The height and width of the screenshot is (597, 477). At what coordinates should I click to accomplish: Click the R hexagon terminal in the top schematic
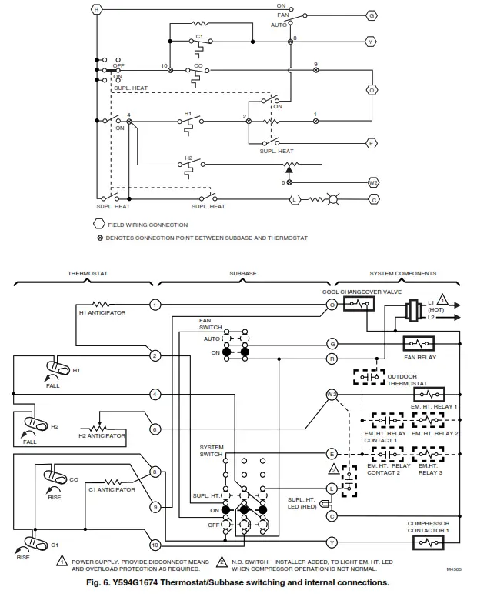[x=97, y=9]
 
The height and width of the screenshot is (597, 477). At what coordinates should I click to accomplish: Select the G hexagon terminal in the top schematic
[x=372, y=15]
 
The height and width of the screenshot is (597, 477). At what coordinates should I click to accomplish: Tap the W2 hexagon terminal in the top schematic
[x=372, y=182]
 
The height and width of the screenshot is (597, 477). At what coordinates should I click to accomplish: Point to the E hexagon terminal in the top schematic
[x=372, y=143]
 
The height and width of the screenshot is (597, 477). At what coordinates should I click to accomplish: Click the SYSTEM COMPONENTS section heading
[x=402, y=273]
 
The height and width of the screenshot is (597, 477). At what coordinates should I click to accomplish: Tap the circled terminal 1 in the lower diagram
[x=155, y=305]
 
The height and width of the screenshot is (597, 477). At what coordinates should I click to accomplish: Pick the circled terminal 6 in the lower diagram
[x=155, y=429]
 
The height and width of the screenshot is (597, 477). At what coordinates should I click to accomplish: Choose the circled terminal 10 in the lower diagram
[x=155, y=545]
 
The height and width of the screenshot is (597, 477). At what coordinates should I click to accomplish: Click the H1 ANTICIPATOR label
[x=102, y=313]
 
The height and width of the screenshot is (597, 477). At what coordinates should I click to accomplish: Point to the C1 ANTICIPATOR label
[x=112, y=489]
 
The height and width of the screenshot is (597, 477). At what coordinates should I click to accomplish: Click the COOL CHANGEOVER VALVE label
[x=352, y=293]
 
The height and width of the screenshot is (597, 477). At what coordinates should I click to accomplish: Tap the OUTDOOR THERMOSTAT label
[x=407, y=379]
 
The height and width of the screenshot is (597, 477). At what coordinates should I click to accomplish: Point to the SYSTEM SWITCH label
[x=212, y=450]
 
